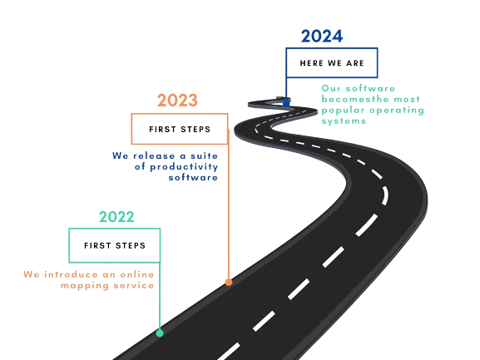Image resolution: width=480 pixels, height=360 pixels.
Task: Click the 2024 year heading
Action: pyautogui.click(x=322, y=36)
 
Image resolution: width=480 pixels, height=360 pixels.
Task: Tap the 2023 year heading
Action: pyautogui.click(x=177, y=101)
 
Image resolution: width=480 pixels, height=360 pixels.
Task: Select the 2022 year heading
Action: pyautogui.click(x=116, y=217)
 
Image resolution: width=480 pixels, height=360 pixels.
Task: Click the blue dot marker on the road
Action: pyautogui.click(x=286, y=102)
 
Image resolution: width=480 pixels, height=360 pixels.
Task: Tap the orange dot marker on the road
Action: pyautogui.click(x=229, y=282)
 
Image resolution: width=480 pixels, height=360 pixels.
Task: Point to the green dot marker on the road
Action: pyautogui.click(x=160, y=333)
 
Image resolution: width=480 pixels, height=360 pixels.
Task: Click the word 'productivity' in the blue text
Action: pyautogui.click(x=184, y=167)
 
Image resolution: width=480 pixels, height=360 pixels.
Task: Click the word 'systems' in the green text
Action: pyautogui.click(x=344, y=121)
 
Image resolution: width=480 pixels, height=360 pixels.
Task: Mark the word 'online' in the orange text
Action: pyautogui.click(x=136, y=274)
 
